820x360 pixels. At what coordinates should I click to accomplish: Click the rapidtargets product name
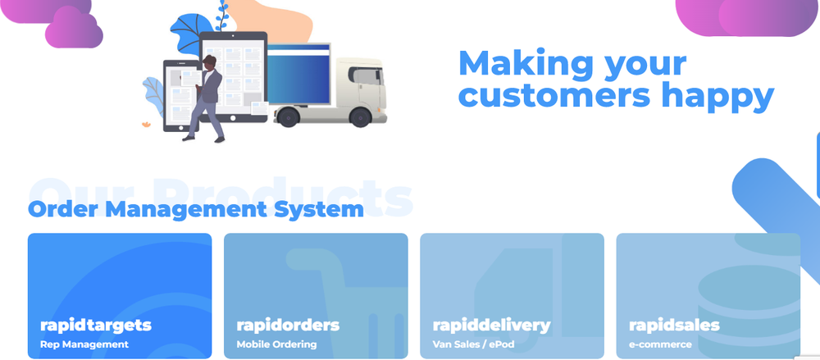coord(95,325)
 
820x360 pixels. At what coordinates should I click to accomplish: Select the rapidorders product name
coord(288,325)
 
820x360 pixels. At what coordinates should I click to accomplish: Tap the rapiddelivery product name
coord(491,325)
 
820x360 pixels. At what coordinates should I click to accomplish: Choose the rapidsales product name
coord(674,325)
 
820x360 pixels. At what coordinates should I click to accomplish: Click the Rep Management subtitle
coord(84,344)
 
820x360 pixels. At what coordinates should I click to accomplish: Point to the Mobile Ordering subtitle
coord(276,344)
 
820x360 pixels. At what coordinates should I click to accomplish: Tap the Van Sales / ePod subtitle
coord(473,344)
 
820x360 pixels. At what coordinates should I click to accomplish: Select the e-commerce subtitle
coord(660,344)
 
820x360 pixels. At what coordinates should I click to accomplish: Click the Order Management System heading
coord(196,209)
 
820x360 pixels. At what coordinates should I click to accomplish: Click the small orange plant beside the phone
coord(146,125)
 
